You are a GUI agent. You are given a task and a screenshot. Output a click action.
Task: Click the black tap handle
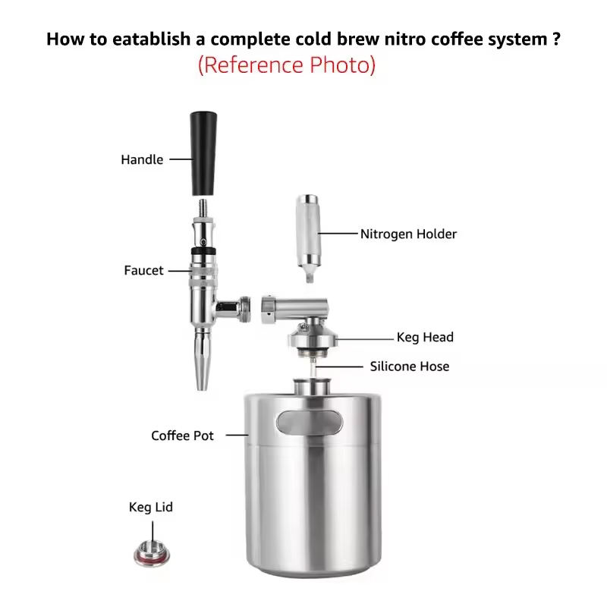point(203,154)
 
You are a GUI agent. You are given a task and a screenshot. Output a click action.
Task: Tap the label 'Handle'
point(142,159)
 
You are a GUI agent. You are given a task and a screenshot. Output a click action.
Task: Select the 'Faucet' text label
point(143,270)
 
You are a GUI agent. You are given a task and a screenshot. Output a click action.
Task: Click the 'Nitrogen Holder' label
point(408,234)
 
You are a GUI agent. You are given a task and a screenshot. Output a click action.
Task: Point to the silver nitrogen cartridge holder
point(308,237)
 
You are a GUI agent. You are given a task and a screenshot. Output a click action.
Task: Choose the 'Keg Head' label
point(425,337)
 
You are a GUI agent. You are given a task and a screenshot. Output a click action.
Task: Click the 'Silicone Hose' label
point(410,366)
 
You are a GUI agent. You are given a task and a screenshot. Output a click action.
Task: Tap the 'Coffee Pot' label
point(182,436)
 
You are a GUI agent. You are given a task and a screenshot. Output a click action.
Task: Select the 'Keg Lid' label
point(150,507)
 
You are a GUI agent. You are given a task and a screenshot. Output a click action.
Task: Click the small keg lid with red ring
point(152,554)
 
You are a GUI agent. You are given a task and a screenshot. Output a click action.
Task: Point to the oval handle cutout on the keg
point(310,423)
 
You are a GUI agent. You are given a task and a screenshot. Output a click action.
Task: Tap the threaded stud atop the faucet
point(203,209)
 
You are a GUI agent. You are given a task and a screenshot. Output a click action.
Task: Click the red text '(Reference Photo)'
point(287,65)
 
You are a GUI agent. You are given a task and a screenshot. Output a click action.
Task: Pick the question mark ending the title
point(556,39)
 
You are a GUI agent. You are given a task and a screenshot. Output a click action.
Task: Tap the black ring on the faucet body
point(203,251)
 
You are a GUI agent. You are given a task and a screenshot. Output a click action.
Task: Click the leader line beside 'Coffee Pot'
point(237,435)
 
